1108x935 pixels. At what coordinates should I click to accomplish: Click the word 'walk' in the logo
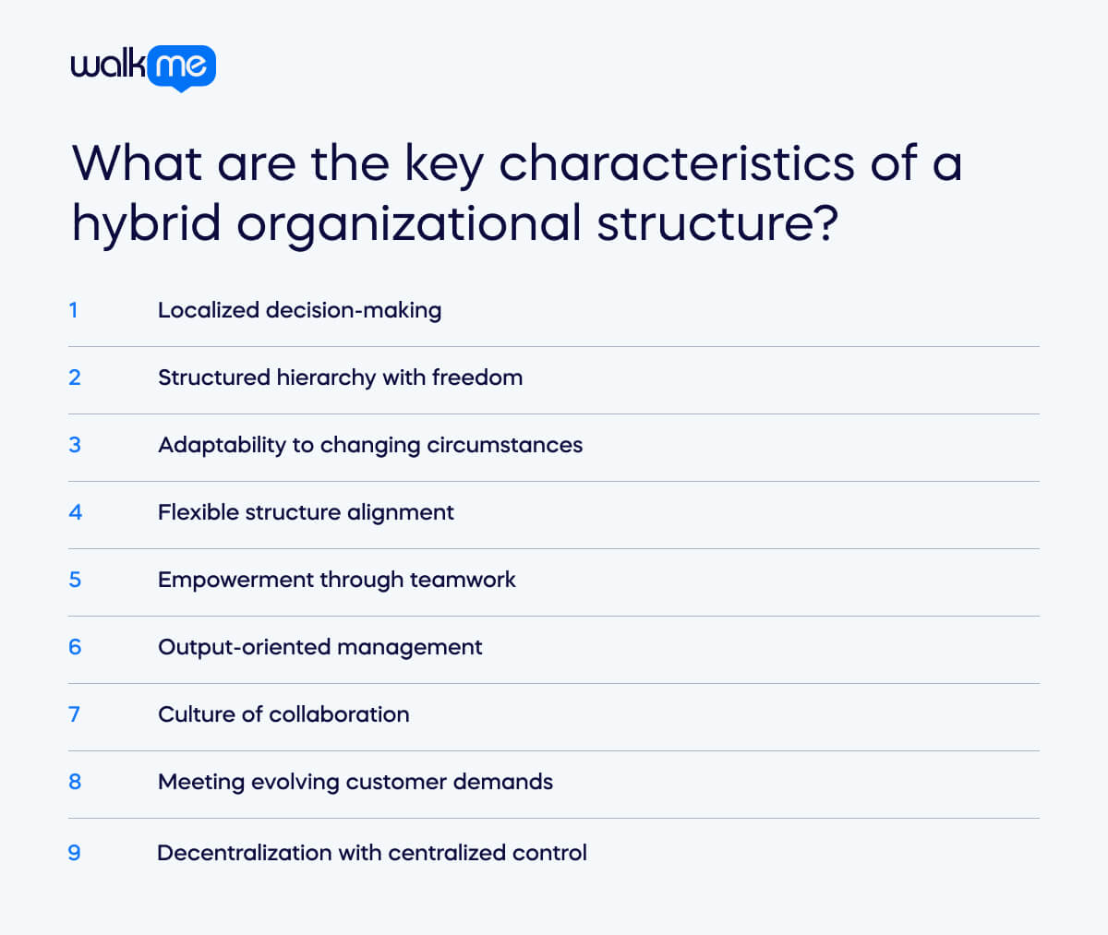tap(108, 64)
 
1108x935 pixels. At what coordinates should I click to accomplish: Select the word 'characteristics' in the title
tap(677, 163)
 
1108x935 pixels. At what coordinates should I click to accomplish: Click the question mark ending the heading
tap(827, 222)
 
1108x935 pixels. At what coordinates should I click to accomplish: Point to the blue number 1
tap(74, 310)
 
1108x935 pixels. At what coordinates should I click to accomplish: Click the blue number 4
tap(76, 512)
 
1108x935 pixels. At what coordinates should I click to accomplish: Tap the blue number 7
tap(74, 714)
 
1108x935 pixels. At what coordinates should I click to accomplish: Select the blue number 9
tap(74, 853)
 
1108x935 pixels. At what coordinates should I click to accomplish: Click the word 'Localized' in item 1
tap(209, 310)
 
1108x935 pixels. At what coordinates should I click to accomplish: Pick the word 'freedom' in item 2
tap(477, 378)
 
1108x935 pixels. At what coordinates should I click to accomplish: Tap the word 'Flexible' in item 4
tap(199, 512)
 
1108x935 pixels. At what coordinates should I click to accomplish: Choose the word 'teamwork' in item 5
tap(463, 580)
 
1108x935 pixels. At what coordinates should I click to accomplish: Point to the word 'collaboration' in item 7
tap(339, 714)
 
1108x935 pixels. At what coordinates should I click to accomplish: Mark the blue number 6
tap(75, 647)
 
